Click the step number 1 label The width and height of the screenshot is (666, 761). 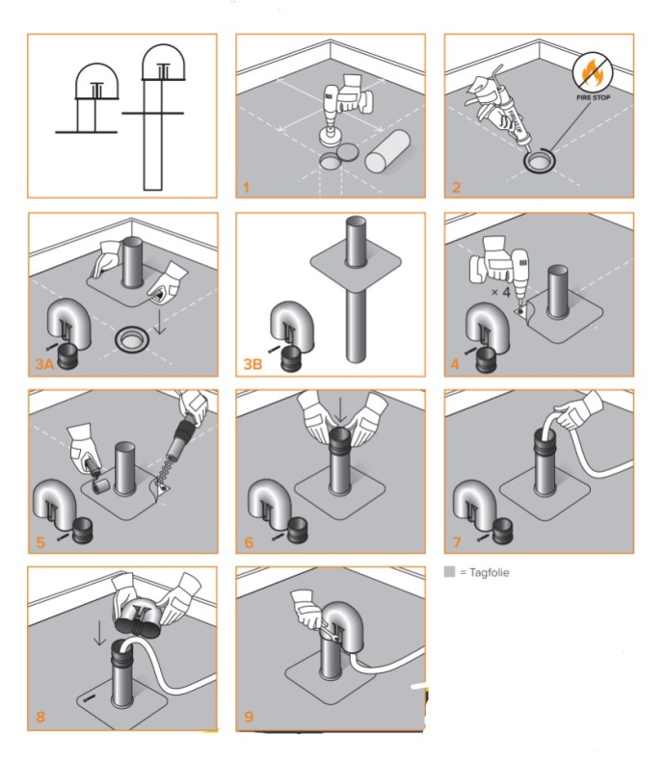coord(246,186)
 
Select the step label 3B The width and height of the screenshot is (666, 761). coord(253,364)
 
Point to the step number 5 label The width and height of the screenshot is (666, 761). coord(39,542)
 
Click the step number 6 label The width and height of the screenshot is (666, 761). coord(248,542)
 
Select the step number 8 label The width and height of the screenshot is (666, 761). coord(39,718)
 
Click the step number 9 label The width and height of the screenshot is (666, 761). coord(248,718)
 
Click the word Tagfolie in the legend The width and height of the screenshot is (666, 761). coord(487,572)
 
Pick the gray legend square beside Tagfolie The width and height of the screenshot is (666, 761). coord(449,572)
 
